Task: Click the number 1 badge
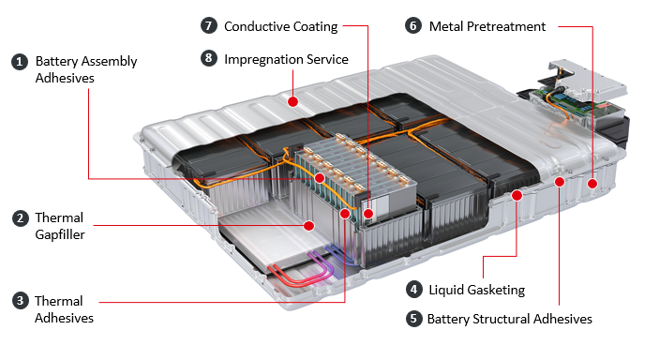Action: click(x=20, y=62)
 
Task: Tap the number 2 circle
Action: click(x=20, y=218)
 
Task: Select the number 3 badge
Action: click(x=20, y=301)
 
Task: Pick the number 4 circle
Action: click(x=414, y=290)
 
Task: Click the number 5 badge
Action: click(x=413, y=319)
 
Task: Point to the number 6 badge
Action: click(x=413, y=25)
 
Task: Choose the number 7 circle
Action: click(x=209, y=25)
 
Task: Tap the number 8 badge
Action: click(x=209, y=58)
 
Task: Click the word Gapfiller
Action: click(x=60, y=234)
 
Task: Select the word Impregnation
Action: click(x=263, y=60)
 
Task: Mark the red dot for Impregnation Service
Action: click(x=292, y=102)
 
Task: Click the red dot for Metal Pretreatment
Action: click(x=592, y=184)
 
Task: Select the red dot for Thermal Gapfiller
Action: click(x=309, y=226)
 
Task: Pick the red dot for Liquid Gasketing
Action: click(x=517, y=195)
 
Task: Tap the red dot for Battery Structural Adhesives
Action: click(x=560, y=182)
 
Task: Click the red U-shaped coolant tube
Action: click(x=294, y=279)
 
